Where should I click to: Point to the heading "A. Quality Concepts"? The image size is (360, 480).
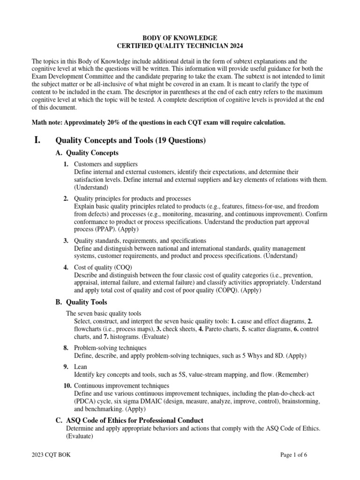click(87, 153)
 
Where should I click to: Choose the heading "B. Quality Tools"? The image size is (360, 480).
click(81, 302)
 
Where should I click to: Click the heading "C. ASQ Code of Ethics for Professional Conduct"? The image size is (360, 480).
click(129, 420)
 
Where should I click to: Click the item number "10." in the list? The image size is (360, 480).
click(67, 385)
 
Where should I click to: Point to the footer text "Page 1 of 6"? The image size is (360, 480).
click(293, 454)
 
